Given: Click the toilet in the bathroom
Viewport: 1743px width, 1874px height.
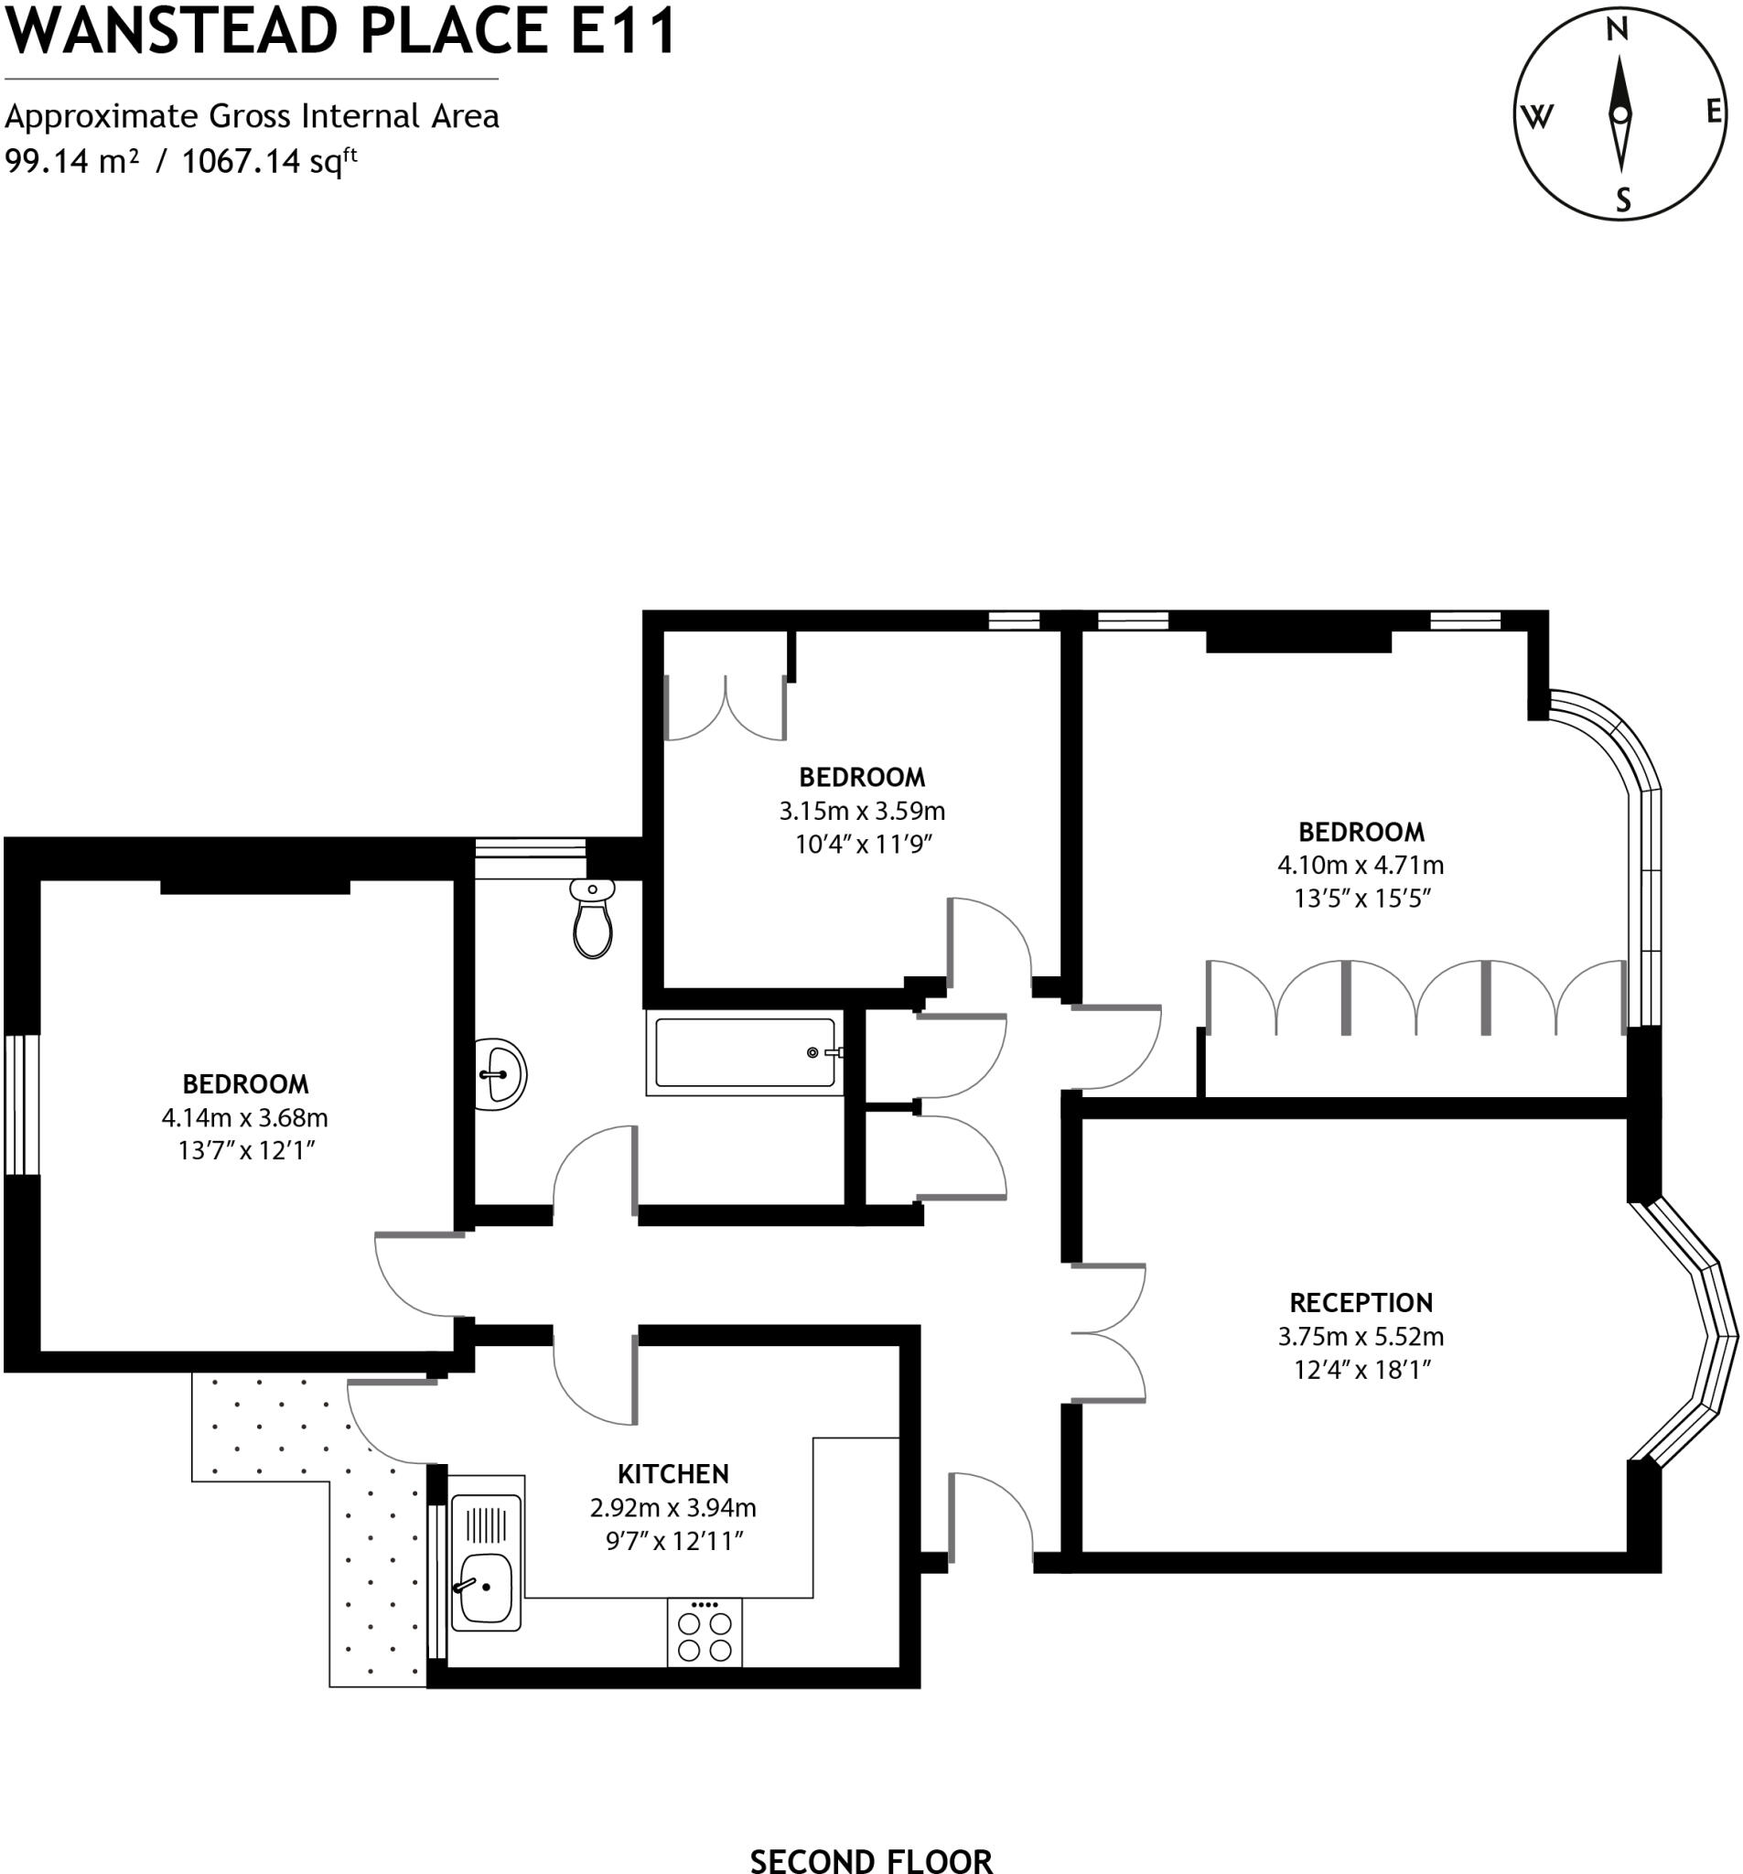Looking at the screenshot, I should tap(592, 920).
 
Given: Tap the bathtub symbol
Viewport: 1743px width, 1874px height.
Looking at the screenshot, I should tap(744, 1053).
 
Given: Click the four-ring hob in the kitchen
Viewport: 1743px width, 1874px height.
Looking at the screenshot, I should tap(705, 1636).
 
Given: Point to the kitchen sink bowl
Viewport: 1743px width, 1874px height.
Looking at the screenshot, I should tap(486, 1588).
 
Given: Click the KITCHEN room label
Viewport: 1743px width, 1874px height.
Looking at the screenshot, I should tap(672, 1474).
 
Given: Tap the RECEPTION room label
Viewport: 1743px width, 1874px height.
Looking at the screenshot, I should tap(1361, 1303).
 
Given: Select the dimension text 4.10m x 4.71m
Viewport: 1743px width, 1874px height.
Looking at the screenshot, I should tap(1361, 865).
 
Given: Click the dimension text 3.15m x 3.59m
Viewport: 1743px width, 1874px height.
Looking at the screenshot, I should tap(862, 811).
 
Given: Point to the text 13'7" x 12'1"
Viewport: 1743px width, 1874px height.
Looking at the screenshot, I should tap(245, 1150).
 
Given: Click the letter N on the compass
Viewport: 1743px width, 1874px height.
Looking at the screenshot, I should tap(1617, 31).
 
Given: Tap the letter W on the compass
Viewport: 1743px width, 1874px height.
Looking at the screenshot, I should tap(1537, 117).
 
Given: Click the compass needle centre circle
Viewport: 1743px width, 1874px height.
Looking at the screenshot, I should tap(1619, 115).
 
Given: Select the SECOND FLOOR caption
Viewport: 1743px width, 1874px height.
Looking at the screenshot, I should tap(871, 1860).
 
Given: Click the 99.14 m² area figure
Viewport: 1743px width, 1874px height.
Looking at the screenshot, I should tap(71, 161).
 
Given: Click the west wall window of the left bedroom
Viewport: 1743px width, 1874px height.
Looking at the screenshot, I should tap(21, 1104).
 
